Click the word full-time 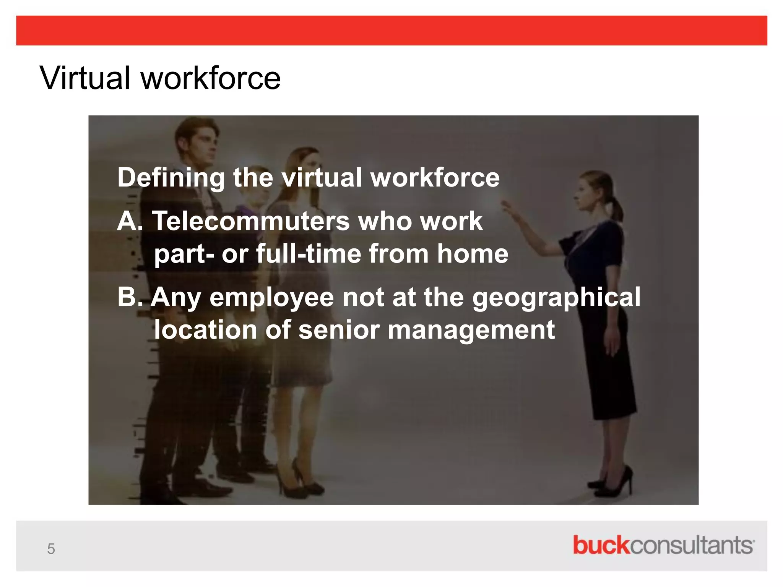308,254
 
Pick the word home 473,254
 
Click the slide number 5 51,549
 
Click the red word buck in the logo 601,545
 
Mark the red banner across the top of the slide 391,31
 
